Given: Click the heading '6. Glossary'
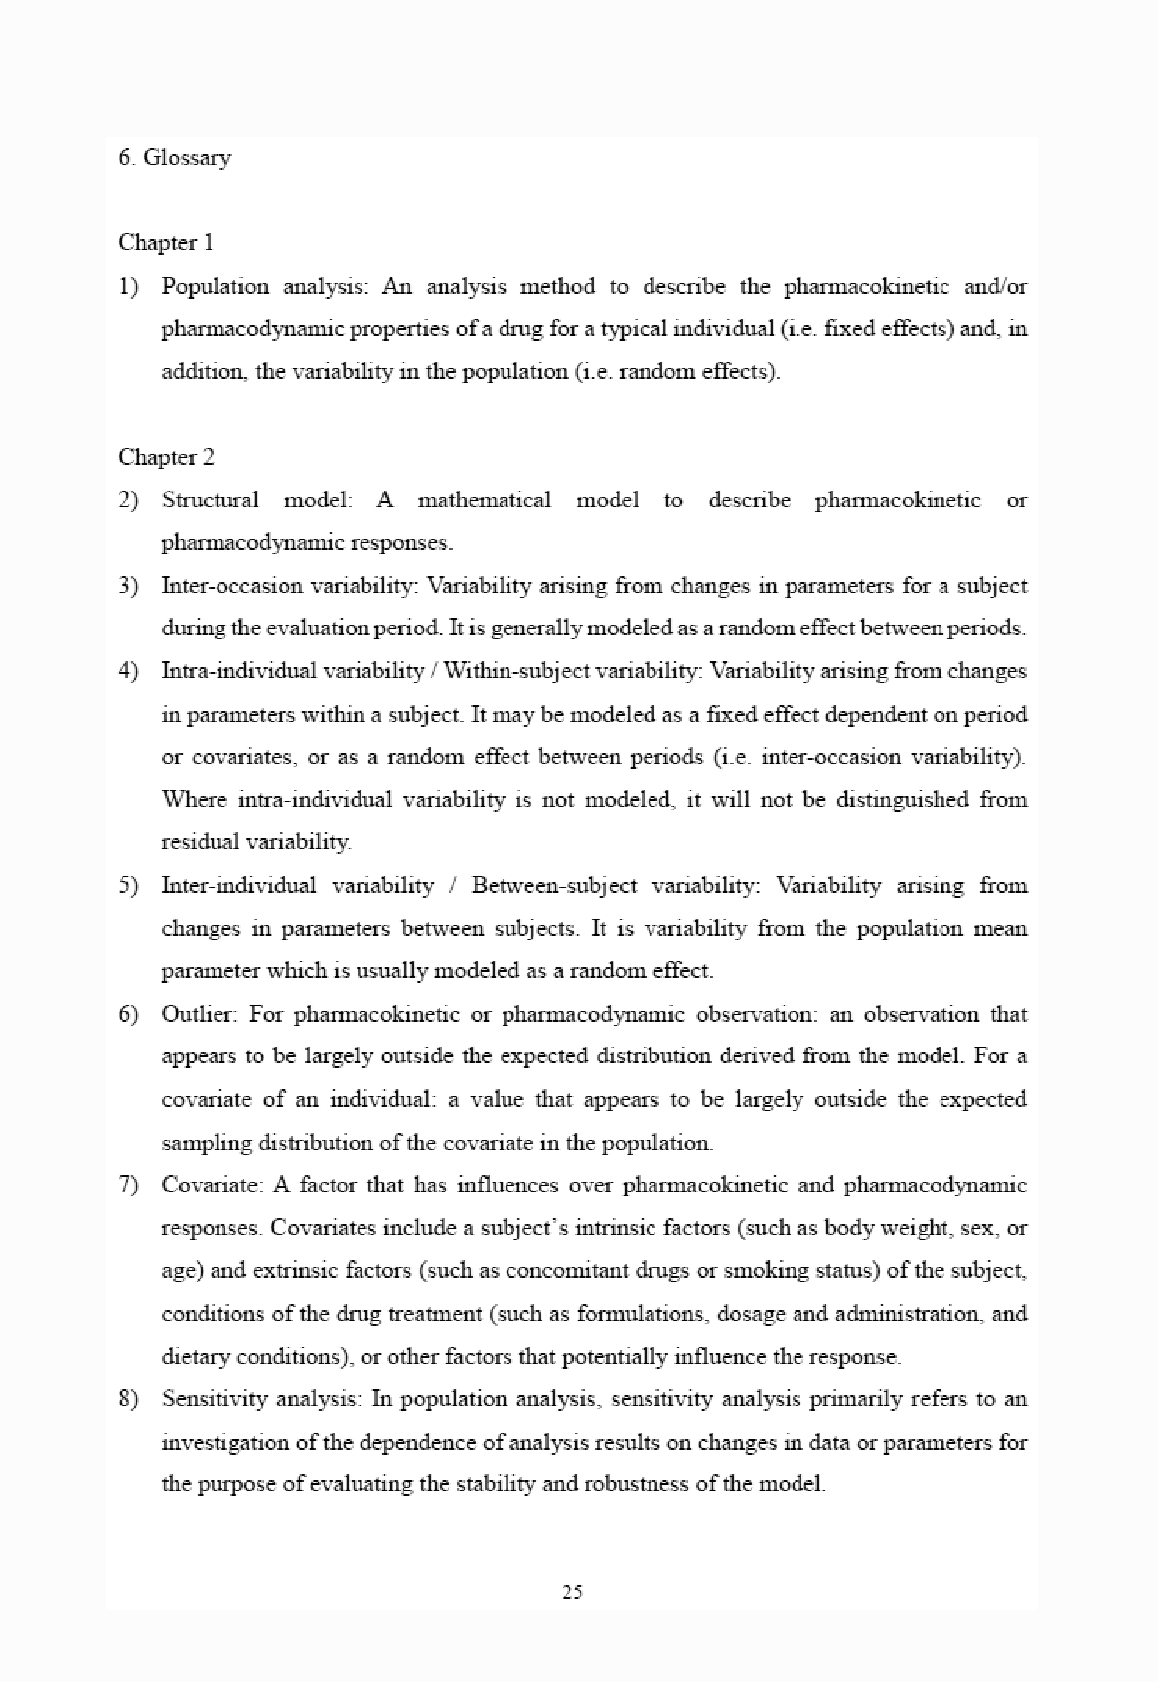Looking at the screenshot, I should tap(175, 157).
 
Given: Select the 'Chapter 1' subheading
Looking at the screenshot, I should tap(166, 243).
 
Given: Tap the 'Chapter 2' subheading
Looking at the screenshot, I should tap(166, 457).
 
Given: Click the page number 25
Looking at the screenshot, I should tap(572, 1592).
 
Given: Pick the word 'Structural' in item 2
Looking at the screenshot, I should tap(210, 500).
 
